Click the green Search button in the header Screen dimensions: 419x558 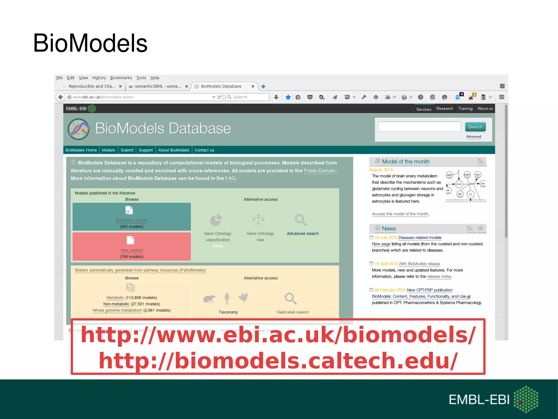tap(475, 127)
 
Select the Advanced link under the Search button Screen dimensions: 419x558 tap(474, 136)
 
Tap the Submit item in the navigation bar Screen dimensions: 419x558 tap(127, 150)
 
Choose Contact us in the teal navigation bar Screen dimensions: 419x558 tap(204, 150)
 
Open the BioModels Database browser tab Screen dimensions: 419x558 tap(221, 86)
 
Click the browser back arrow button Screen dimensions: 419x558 tap(60, 97)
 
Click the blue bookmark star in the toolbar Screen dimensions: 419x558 tap(288, 97)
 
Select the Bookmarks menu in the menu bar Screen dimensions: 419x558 tap(121, 78)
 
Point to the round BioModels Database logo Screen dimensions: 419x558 tap(79, 129)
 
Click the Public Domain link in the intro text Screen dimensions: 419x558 tap(319, 171)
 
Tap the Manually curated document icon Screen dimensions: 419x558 tap(129, 210)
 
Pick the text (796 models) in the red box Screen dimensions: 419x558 tap(132, 256)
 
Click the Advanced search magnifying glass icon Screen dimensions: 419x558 tap(301, 220)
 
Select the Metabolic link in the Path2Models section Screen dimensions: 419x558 tap(115, 298)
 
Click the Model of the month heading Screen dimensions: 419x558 tap(406, 161)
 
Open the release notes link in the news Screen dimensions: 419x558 tap(439, 276)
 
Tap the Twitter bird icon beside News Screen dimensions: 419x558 tap(480, 228)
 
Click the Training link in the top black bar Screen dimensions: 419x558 tap(465, 109)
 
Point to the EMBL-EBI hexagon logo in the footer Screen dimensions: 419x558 tap(526, 399)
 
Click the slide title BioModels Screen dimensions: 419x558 tap(90, 43)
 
